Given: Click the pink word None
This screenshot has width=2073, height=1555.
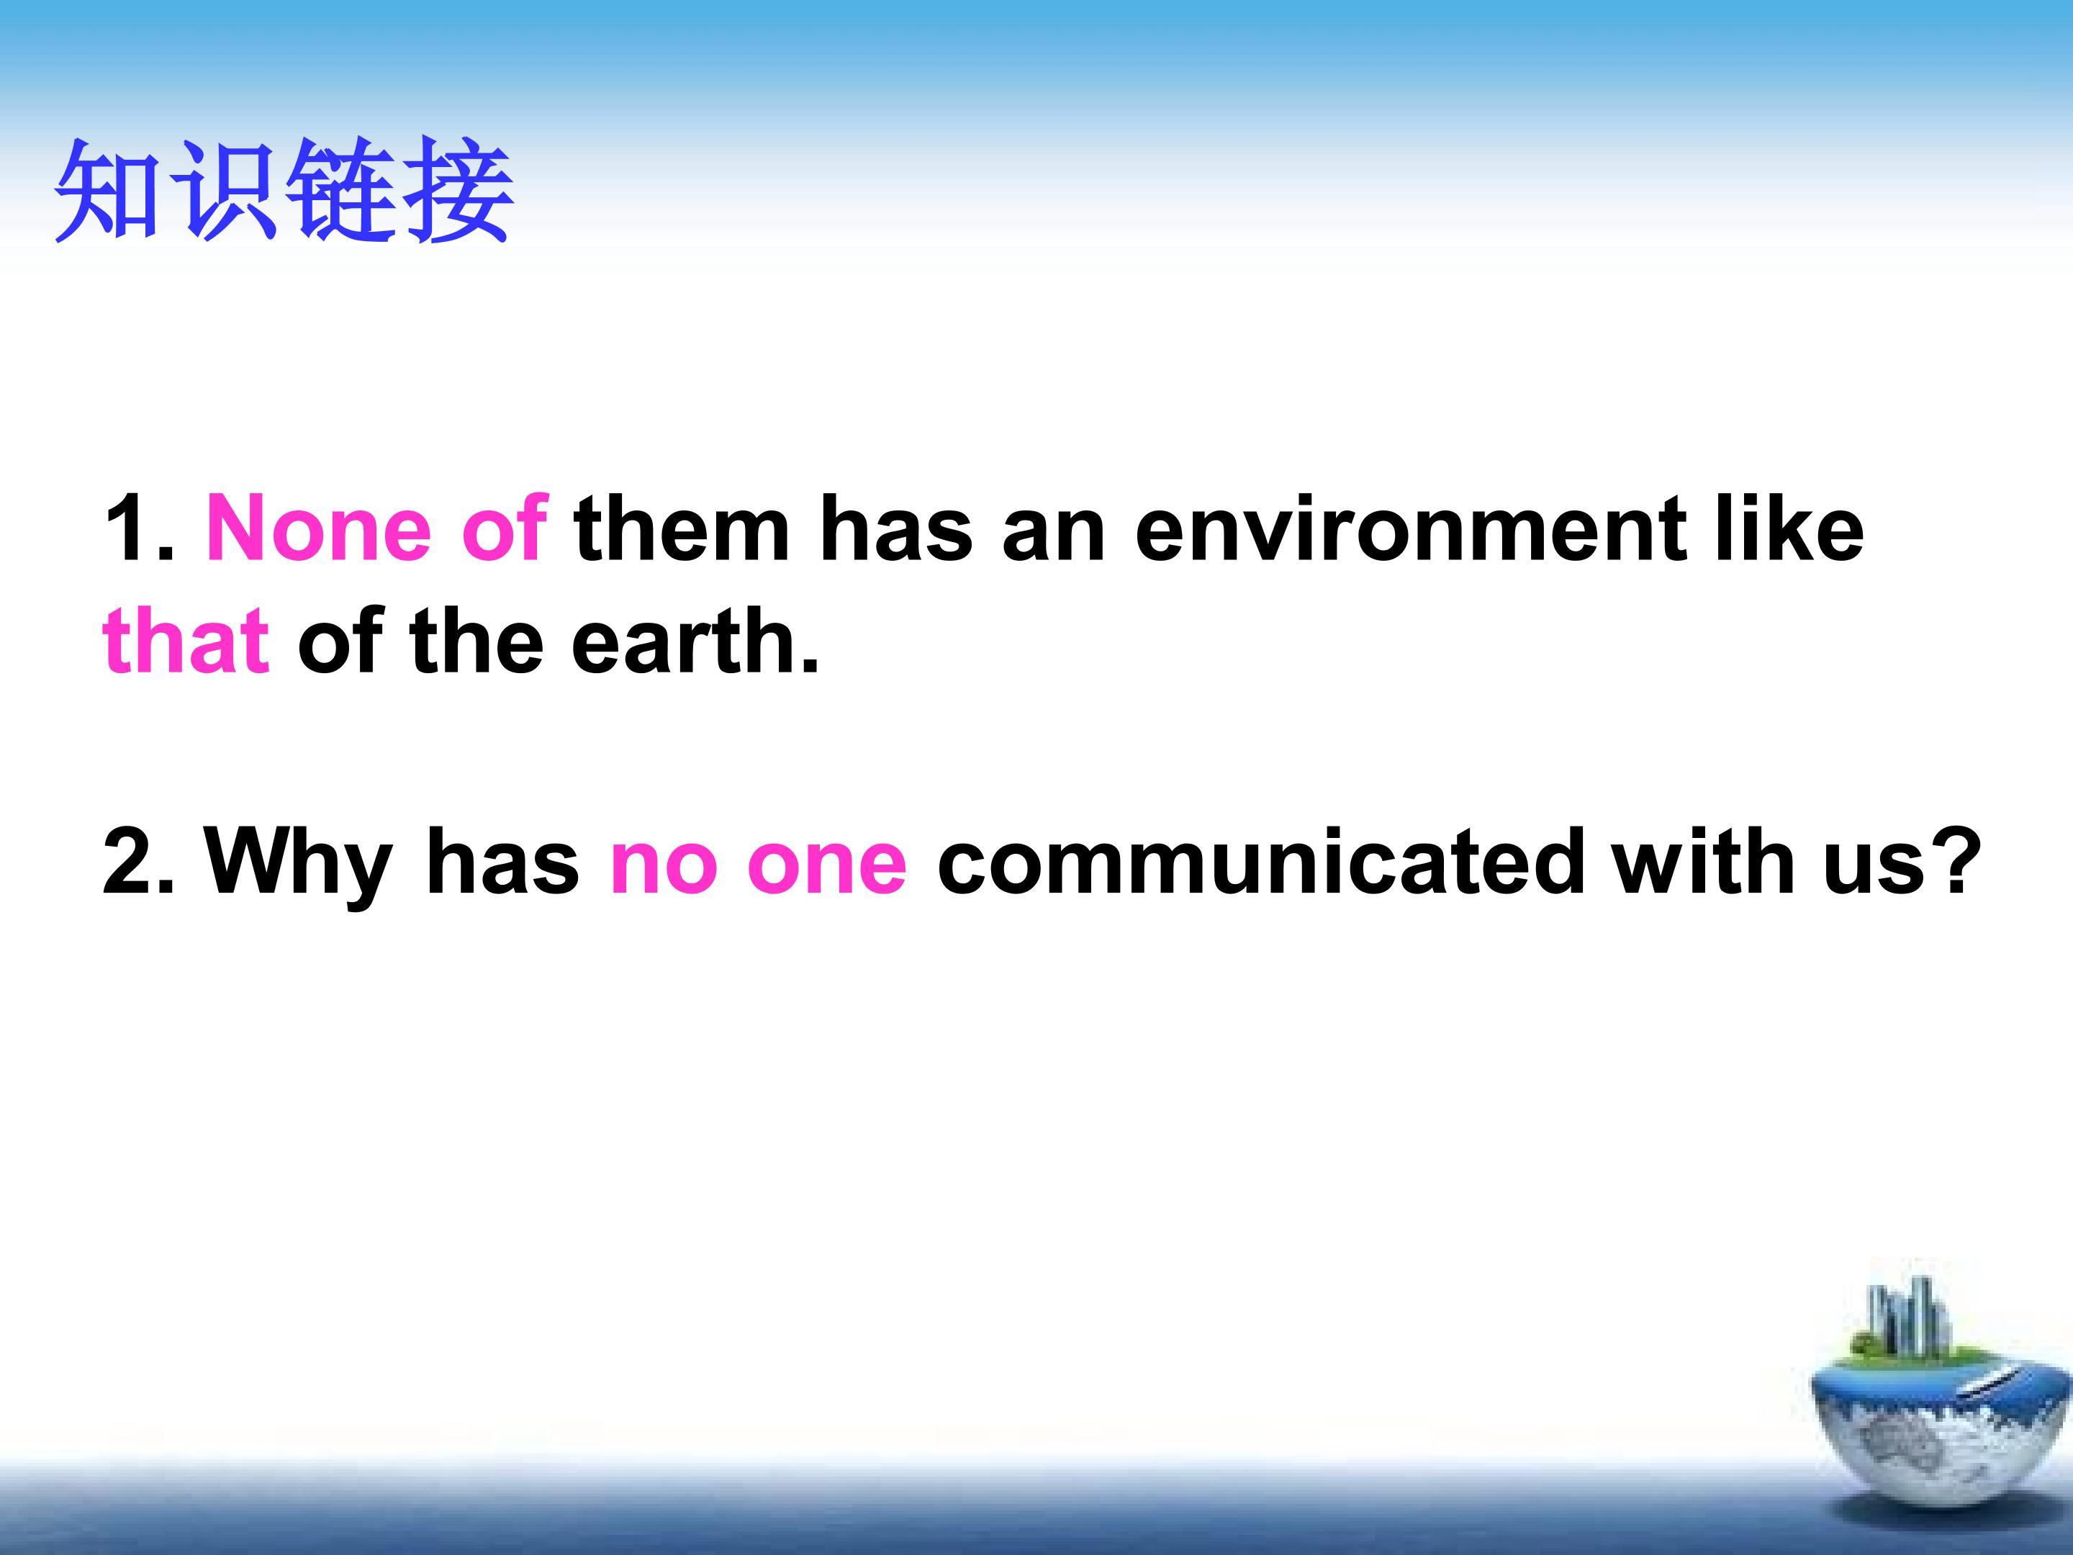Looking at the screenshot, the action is (x=319, y=528).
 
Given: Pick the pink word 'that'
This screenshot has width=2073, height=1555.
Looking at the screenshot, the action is (x=186, y=639).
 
